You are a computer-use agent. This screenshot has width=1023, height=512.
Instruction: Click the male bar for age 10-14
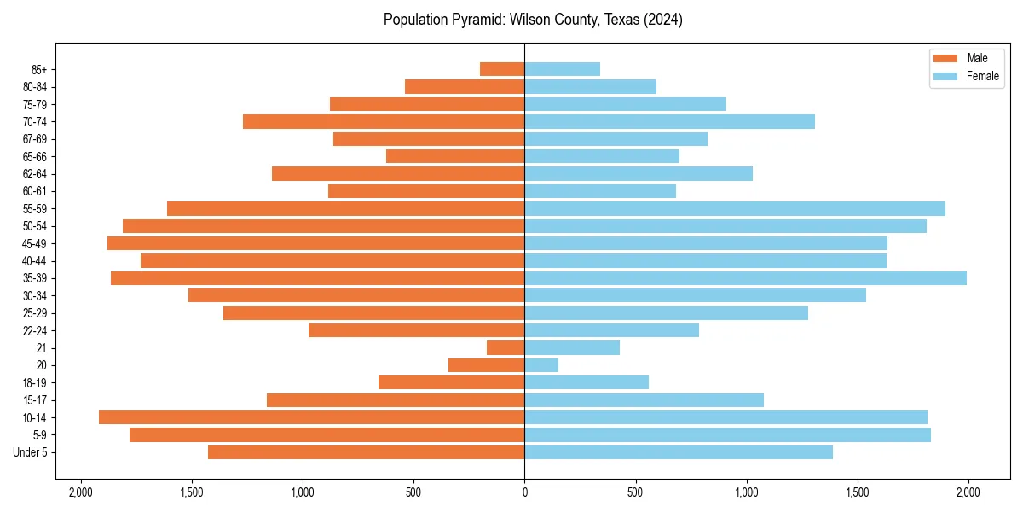[x=311, y=417]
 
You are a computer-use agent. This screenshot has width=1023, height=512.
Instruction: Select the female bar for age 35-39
[x=745, y=278]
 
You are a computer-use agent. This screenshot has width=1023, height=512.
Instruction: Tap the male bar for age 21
[x=506, y=348]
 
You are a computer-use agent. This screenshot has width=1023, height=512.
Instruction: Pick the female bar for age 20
[x=541, y=365]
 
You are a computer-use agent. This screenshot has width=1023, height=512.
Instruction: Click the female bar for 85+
[x=562, y=69]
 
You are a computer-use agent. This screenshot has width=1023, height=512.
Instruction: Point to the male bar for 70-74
[x=384, y=121]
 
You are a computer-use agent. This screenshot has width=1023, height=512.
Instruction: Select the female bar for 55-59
[x=735, y=208]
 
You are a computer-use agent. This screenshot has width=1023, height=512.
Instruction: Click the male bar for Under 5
[x=366, y=452]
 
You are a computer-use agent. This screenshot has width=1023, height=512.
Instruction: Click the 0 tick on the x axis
[x=524, y=492]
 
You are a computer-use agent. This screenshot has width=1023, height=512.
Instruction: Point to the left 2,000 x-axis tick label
[x=81, y=492]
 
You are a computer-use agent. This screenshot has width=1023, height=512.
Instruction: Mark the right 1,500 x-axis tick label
[x=858, y=492]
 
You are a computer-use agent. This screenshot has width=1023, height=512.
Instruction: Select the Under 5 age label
[x=30, y=452]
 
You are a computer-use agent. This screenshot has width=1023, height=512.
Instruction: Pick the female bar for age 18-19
[x=587, y=382]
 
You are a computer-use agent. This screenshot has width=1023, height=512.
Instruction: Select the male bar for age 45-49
[x=315, y=243]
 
